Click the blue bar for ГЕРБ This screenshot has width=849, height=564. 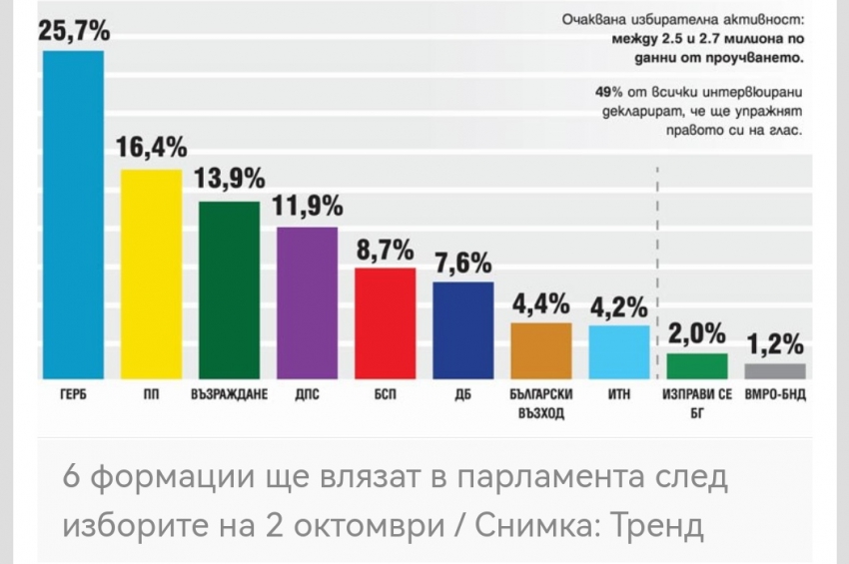pyautogui.click(x=72, y=215)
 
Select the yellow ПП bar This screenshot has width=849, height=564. pyautogui.click(x=151, y=275)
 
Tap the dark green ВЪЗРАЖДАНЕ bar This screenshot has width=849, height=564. pyautogui.click(x=229, y=289)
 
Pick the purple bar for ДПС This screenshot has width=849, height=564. pyautogui.click(x=307, y=302)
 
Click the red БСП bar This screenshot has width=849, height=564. pyautogui.click(x=385, y=323)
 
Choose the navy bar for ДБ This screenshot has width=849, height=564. pyautogui.click(x=462, y=329)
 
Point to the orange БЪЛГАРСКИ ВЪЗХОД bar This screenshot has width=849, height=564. pyautogui.click(x=541, y=350)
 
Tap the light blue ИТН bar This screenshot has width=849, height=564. pyautogui.click(x=619, y=351)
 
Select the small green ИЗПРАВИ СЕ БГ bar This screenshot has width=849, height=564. pyautogui.click(x=697, y=365)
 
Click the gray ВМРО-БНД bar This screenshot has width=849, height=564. pyautogui.click(x=775, y=370)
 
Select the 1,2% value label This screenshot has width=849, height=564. pyautogui.click(x=776, y=344)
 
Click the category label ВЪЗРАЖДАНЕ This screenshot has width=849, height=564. pyautogui.click(x=229, y=394)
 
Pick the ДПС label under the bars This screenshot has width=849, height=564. pyautogui.click(x=307, y=394)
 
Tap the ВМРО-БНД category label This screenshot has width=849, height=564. pyautogui.click(x=776, y=394)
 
